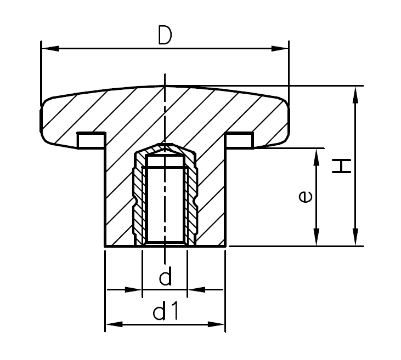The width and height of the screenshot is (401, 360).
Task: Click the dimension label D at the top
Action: [164, 35]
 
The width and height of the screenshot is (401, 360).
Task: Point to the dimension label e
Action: [307, 196]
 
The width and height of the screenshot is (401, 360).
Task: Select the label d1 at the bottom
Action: [165, 312]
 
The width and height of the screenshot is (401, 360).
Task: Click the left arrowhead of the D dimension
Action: [46, 49]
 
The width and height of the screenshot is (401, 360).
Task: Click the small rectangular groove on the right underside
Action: [239, 140]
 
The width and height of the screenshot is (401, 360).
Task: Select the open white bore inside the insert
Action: [165, 203]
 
